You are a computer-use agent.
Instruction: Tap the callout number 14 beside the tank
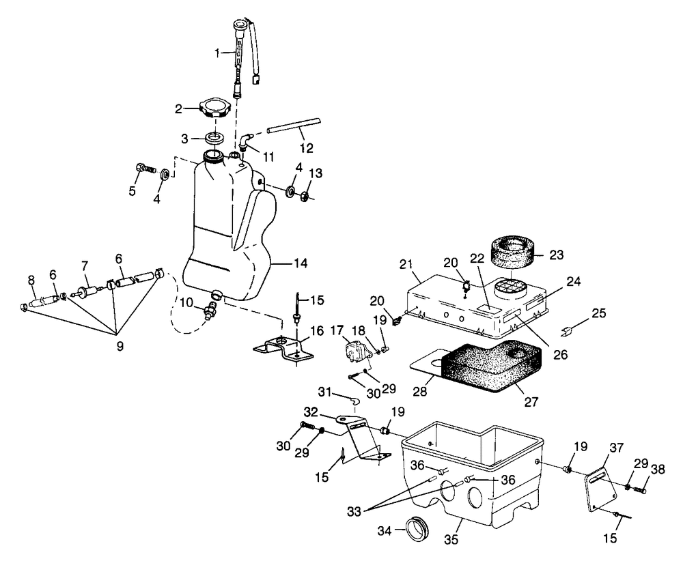click(x=301, y=263)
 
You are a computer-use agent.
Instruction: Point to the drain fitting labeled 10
click(x=208, y=311)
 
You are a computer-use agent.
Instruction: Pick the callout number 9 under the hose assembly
click(x=120, y=346)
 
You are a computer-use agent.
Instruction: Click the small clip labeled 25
click(x=567, y=333)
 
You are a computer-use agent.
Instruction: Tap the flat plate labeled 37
click(x=600, y=489)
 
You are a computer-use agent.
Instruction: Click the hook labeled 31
click(x=353, y=399)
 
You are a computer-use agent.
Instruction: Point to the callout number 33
click(x=354, y=512)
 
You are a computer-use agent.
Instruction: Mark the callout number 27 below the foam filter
click(x=531, y=401)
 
